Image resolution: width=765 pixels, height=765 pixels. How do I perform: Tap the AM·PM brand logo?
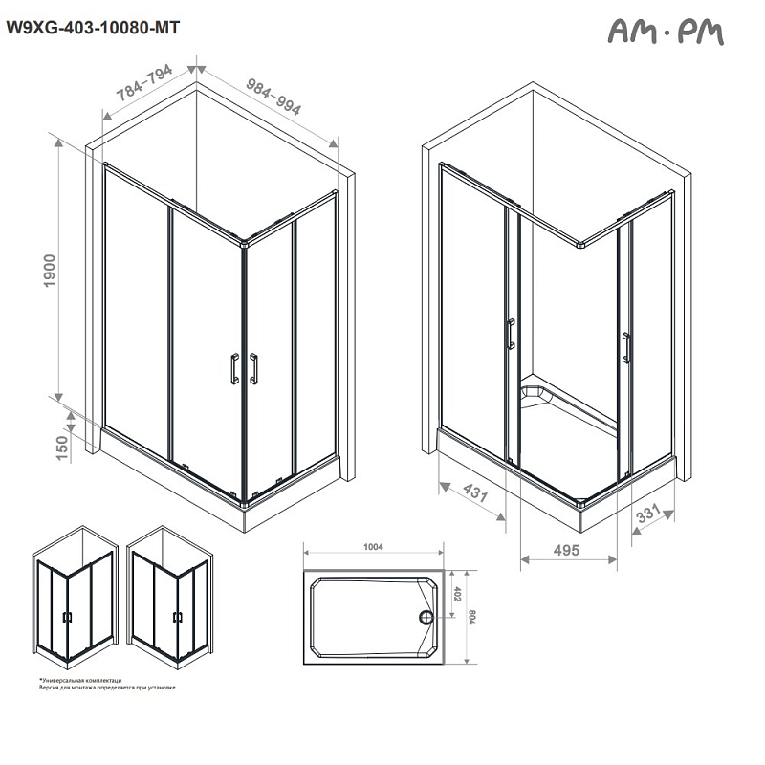pos(667,33)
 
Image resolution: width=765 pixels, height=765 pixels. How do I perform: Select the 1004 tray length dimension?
pos(373,547)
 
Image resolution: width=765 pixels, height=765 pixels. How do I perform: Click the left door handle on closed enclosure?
pos(231,368)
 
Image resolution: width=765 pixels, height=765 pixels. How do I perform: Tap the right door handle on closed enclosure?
pos(254,368)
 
